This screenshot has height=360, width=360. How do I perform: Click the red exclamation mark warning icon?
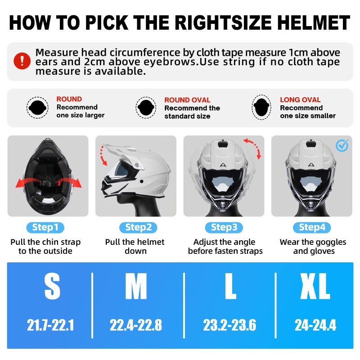[x=22, y=61]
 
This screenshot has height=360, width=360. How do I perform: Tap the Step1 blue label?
[x=45, y=227]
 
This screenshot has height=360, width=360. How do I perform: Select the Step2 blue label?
[x=135, y=227]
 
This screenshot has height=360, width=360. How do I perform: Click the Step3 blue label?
[x=224, y=227]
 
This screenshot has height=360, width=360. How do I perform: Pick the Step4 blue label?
[x=312, y=227]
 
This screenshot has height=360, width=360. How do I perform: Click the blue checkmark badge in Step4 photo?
[x=342, y=145]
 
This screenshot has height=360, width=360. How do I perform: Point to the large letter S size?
[x=52, y=287]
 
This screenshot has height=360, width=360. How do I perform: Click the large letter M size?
[x=136, y=287]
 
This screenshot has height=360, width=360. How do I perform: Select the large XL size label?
[x=315, y=287]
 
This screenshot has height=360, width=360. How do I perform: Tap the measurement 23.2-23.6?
[x=230, y=325]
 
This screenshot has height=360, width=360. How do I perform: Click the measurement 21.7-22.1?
[x=50, y=325]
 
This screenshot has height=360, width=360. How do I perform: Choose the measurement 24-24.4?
[x=315, y=325]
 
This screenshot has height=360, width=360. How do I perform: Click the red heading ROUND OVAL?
[x=187, y=100]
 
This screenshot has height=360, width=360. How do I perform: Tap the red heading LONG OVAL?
[x=300, y=100]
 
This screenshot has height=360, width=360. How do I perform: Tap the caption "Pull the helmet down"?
[x=135, y=246]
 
